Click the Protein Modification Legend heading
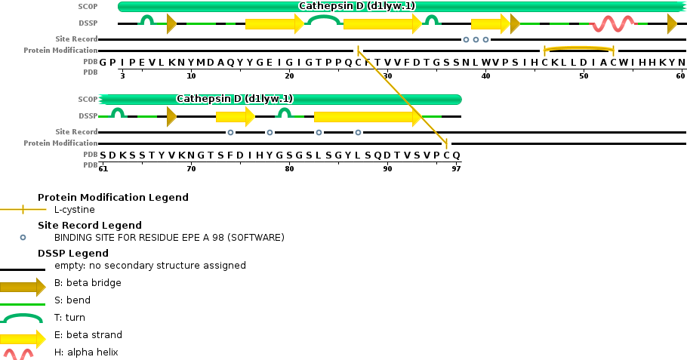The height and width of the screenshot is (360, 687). (112, 198)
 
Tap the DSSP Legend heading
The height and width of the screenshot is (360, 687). (72, 254)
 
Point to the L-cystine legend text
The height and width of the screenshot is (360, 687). (74, 209)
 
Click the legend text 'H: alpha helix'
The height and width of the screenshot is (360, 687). (86, 352)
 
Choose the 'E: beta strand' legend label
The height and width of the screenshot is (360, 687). (88, 334)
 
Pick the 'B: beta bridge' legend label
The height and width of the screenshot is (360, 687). (88, 283)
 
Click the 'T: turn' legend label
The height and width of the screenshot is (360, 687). (69, 318)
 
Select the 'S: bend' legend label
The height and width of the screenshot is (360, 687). (72, 300)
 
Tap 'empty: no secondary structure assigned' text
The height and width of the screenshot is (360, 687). (149, 266)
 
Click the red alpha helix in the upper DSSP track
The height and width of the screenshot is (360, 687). (612, 24)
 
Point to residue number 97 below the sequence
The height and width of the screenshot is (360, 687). (456, 168)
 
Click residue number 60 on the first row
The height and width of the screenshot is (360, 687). (681, 75)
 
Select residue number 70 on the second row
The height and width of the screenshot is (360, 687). (191, 168)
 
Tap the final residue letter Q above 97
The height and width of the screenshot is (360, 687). (456, 155)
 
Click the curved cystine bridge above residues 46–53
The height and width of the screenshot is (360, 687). (578, 48)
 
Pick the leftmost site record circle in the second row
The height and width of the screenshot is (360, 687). (230, 132)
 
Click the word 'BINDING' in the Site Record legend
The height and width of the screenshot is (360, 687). (75, 237)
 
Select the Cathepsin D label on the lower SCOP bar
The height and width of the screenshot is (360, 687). (234, 99)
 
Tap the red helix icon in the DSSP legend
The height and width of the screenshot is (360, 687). (18, 352)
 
